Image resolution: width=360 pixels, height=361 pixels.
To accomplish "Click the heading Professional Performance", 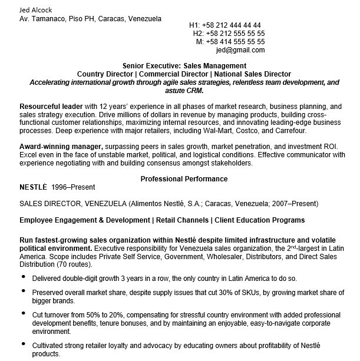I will click(x=184, y=179).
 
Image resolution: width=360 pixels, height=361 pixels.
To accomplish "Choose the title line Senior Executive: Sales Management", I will click(x=184, y=65).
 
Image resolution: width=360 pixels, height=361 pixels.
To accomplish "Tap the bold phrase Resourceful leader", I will click(x=49, y=106).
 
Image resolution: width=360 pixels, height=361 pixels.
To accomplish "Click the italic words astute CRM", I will click(x=184, y=91).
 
